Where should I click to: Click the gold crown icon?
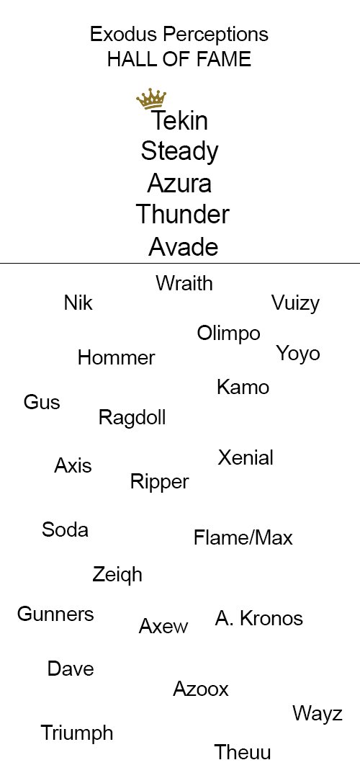[x=151, y=99]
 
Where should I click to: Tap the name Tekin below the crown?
[x=179, y=120]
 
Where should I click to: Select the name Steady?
[x=179, y=152]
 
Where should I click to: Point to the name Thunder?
[x=182, y=215]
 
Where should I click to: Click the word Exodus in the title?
[x=124, y=35]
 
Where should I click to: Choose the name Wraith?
[x=184, y=283]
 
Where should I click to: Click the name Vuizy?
[x=295, y=304]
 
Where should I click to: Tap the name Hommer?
[x=117, y=357]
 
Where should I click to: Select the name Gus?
[x=42, y=402]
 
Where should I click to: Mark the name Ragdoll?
[x=132, y=418]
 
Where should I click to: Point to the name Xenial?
[x=246, y=457]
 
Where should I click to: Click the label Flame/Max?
[x=243, y=538]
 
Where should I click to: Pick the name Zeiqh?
[x=117, y=575]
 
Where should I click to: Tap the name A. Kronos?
[x=259, y=618]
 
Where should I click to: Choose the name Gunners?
[x=55, y=614]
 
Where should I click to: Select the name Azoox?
[x=201, y=689]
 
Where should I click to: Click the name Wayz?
[x=318, y=714]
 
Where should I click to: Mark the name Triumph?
[x=77, y=733]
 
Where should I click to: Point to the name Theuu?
[x=243, y=752]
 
